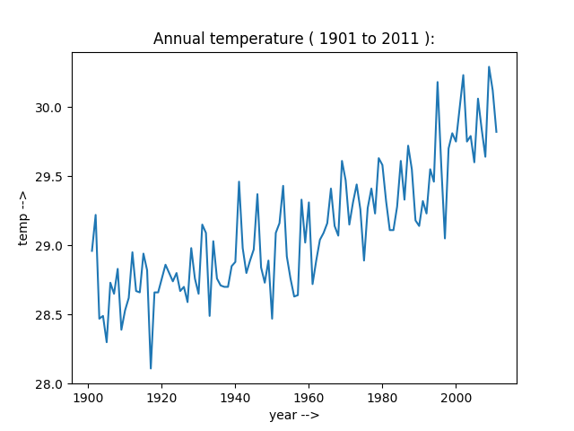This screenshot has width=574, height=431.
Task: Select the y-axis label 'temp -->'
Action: coord(24,217)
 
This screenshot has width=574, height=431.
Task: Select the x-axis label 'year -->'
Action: coord(294,416)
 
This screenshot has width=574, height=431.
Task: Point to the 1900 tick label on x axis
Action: coord(88,396)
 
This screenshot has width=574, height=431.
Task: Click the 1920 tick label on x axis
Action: coord(161,396)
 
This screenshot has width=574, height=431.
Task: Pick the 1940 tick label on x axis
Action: coord(235,396)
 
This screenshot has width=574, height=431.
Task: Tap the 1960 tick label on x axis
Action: coord(309,396)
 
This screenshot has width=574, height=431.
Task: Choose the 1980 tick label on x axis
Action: coord(382,396)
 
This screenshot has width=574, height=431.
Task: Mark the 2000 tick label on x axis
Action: coord(456,396)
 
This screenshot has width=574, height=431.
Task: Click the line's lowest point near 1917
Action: coord(151,368)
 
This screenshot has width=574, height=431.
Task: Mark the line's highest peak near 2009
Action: coord(489,66)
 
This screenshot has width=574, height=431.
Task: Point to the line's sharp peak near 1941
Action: coord(239,181)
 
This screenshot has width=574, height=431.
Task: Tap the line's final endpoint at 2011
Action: coord(496,132)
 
